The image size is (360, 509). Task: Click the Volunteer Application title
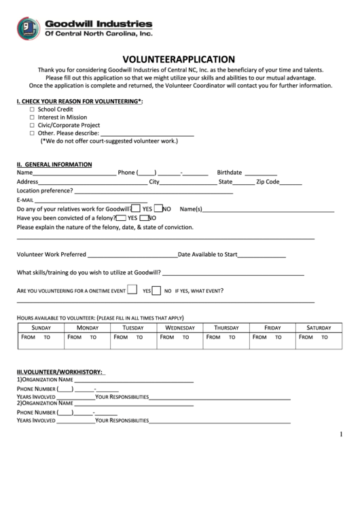point(179,59)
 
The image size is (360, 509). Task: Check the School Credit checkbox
point(33,109)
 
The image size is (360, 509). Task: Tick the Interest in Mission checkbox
point(33,117)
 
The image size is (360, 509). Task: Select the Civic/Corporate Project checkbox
point(33,125)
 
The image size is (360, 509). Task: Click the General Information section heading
point(54,164)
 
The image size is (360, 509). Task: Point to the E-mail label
point(24,200)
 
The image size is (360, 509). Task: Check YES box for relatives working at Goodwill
point(136,209)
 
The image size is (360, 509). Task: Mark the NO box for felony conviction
point(144,218)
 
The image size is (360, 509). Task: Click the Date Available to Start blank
point(262,255)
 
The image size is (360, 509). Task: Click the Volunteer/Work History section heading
point(59,372)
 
